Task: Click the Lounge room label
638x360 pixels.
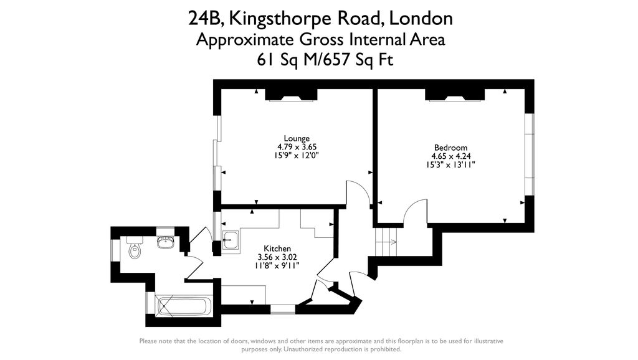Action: [x=297, y=138]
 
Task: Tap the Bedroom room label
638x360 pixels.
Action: [x=450, y=148]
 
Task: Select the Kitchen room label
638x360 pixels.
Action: [x=277, y=249]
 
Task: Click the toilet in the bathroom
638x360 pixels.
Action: [x=134, y=250]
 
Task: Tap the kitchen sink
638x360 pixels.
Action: [x=229, y=239]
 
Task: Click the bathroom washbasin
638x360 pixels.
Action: [x=165, y=241]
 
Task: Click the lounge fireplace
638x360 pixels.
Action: [x=292, y=95]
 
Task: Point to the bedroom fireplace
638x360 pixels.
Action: [x=454, y=95]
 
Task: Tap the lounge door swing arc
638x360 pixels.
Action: [x=359, y=192]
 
